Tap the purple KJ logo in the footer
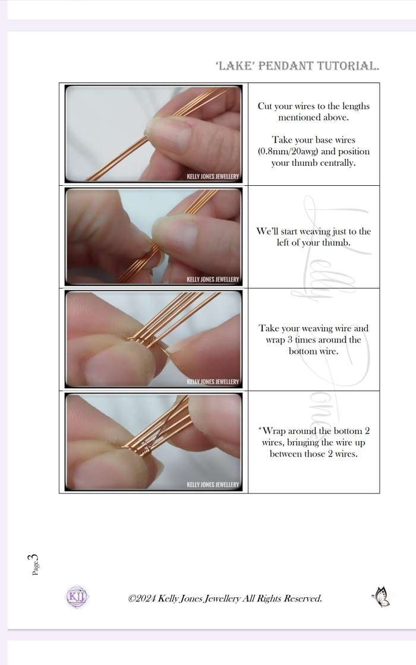pyautogui.click(x=77, y=597)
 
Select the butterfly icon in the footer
pyautogui.click(x=381, y=597)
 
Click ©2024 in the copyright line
pyautogui.click(x=142, y=598)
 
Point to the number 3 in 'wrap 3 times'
pyautogui.click(x=291, y=340)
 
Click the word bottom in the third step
pyautogui.click(x=302, y=351)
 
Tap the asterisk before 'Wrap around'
pyautogui.click(x=260, y=429)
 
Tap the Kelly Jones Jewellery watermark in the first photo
pyautogui.click(x=213, y=176)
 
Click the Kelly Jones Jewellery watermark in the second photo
pyautogui.click(x=213, y=280)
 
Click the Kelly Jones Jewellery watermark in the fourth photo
pyautogui.click(x=213, y=484)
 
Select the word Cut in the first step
pyautogui.click(x=265, y=106)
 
